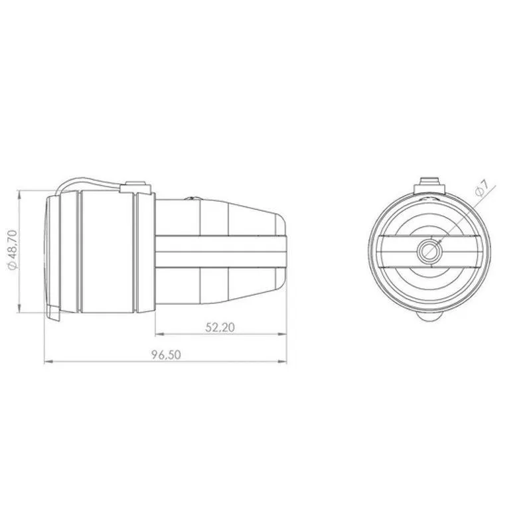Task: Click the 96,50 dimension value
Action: [x=166, y=355]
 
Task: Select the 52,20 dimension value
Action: [x=220, y=327]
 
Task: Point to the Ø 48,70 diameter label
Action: [x=12, y=250]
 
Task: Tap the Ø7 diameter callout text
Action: [x=482, y=188]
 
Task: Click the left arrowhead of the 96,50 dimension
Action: [x=48, y=362]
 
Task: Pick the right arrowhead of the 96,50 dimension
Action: [x=283, y=362]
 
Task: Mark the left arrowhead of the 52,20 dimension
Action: [x=160, y=335]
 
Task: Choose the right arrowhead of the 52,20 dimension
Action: [x=283, y=335]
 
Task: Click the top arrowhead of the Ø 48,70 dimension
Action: [x=19, y=194]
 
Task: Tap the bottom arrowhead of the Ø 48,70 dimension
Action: [x=19, y=308]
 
